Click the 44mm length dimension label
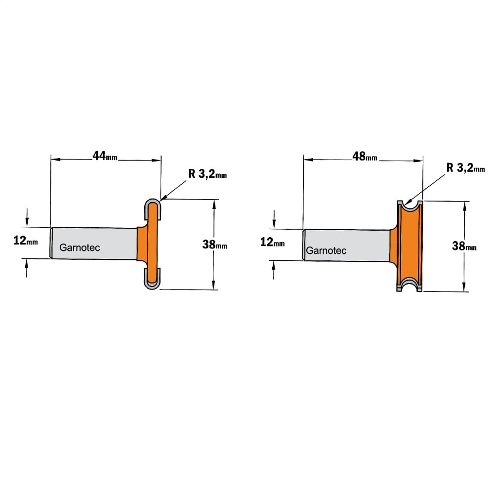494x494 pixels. click(x=105, y=156)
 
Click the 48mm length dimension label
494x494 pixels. click(x=365, y=156)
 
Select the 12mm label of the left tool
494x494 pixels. click(x=26, y=241)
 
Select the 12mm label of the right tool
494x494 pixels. click(x=272, y=242)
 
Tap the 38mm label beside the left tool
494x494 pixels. click(x=214, y=244)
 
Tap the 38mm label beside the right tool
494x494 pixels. click(x=464, y=246)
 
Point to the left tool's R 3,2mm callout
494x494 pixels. click(x=207, y=173)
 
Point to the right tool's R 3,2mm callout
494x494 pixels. click(x=466, y=168)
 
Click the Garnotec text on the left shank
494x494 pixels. click(x=80, y=247)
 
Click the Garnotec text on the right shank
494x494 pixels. click(x=326, y=251)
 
